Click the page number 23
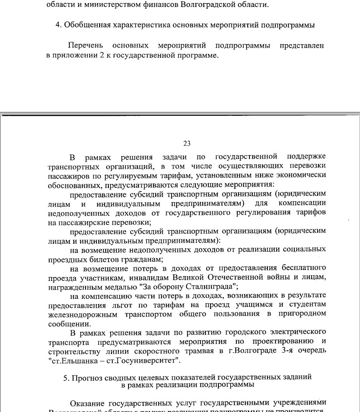coord(187,144)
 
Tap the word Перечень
coord(85,45)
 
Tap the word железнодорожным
coord(82,314)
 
